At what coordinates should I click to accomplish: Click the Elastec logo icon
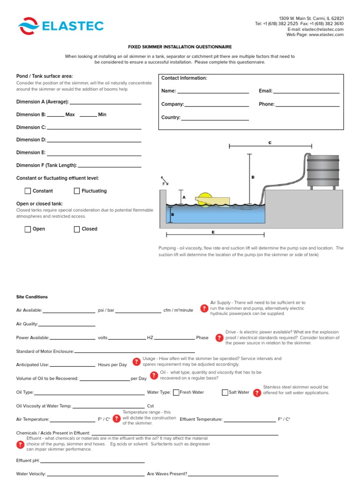click(29, 26)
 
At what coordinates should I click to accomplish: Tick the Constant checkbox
click(28, 191)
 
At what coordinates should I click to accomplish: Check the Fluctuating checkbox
click(77, 191)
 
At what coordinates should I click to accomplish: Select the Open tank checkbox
click(28, 229)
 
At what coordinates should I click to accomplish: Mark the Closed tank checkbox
click(77, 229)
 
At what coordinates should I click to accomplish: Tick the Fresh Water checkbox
click(176, 392)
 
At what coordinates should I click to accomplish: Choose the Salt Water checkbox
click(225, 392)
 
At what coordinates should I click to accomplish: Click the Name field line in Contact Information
click(213, 92)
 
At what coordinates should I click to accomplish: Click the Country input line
click(215, 119)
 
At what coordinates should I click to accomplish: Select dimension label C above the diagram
click(270, 142)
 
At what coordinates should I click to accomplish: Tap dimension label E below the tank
click(213, 232)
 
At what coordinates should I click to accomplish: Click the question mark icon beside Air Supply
click(204, 308)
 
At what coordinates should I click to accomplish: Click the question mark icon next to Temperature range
click(116, 418)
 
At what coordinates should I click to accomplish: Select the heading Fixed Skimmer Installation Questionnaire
click(180, 47)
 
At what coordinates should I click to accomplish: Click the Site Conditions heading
click(32, 297)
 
